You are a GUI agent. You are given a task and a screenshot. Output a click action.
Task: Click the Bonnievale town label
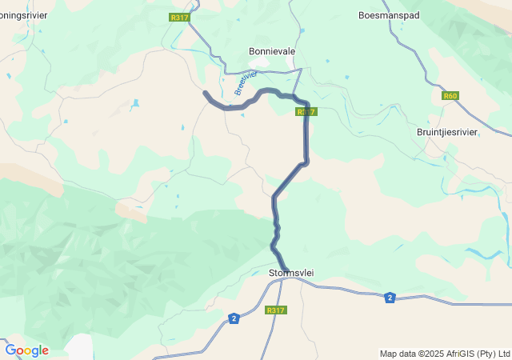pyautogui.click(x=272, y=51)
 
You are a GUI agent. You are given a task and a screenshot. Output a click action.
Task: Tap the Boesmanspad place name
pyautogui.click(x=388, y=15)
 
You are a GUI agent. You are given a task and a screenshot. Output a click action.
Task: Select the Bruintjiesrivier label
pyautogui.click(x=447, y=132)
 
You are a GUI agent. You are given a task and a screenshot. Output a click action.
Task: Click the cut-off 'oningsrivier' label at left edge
pyautogui.click(x=23, y=15)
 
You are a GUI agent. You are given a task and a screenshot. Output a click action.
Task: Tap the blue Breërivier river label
pyautogui.click(x=246, y=83)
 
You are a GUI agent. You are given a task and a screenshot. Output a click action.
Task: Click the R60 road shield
pyautogui.click(x=450, y=96)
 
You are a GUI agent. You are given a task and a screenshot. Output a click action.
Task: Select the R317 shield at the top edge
pyautogui.click(x=179, y=17)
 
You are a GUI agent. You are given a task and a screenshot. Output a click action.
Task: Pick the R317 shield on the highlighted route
pyautogui.click(x=306, y=112)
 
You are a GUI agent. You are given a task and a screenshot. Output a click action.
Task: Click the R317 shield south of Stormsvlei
pyautogui.click(x=275, y=310)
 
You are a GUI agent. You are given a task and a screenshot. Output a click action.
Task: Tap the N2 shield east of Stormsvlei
pyautogui.click(x=390, y=297)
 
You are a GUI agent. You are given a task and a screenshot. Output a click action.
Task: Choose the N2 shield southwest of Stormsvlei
pyautogui.click(x=233, y=318)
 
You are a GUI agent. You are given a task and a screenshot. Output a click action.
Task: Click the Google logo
pyautogui.click(x=26, y=350)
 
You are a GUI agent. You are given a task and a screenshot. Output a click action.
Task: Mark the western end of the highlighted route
pyautogui.click(x=206, y=94)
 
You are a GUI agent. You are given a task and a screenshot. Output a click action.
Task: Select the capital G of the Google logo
pyautogui.click(x=10, y=350)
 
